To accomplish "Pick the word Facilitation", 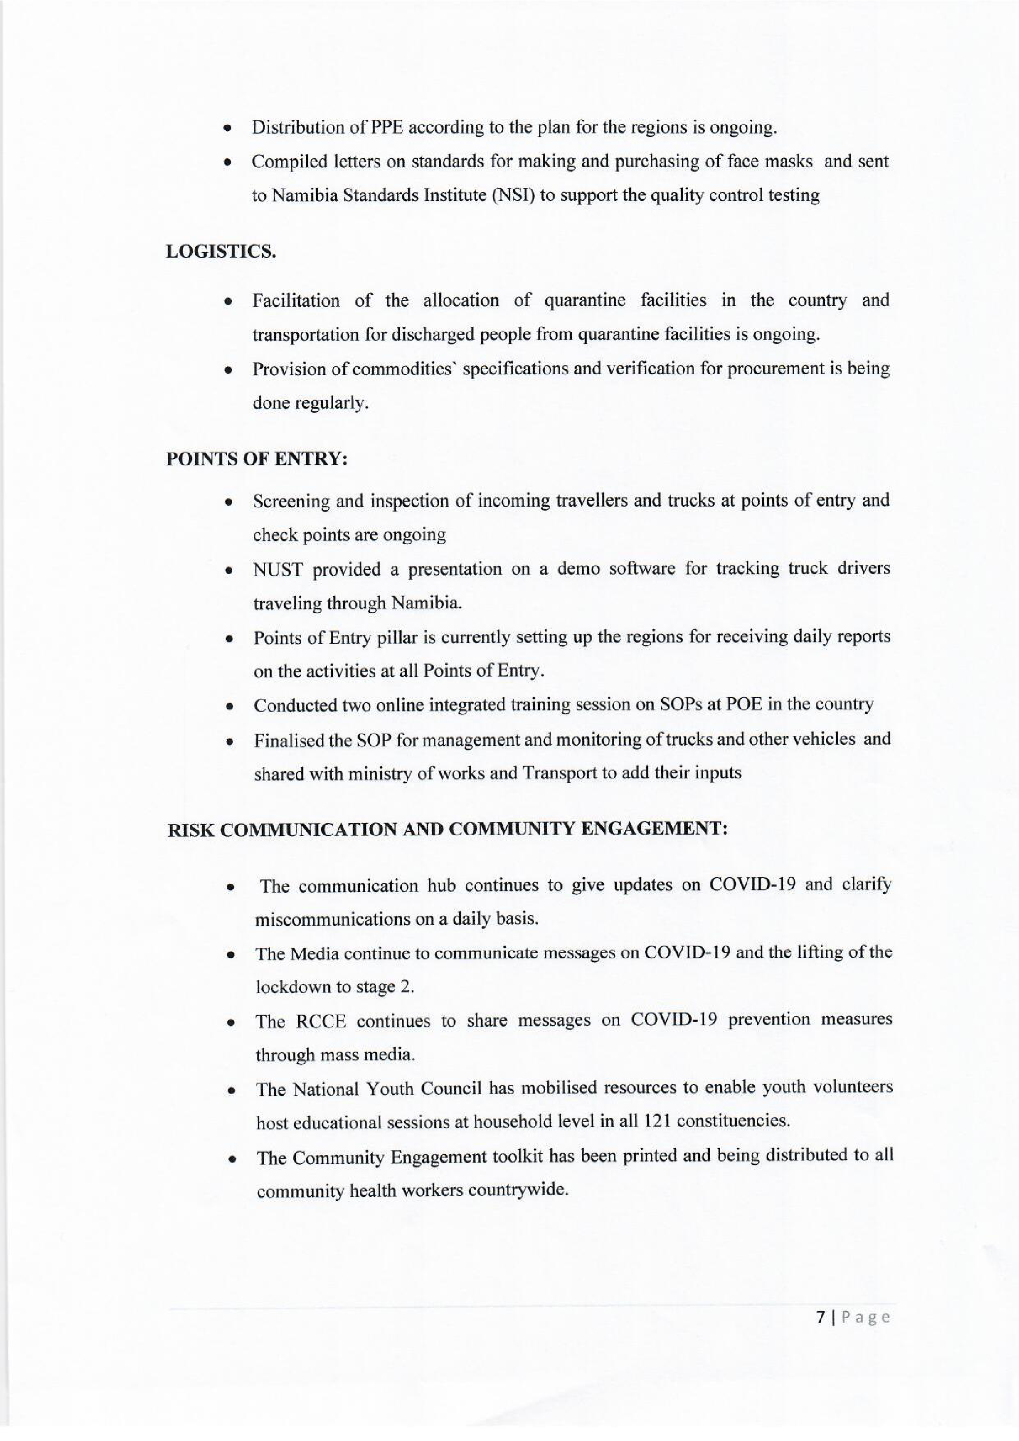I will (x=296, y=301).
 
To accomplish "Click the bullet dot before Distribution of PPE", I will (x=228, y=129).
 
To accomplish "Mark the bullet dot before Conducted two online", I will (x=230, y=706).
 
